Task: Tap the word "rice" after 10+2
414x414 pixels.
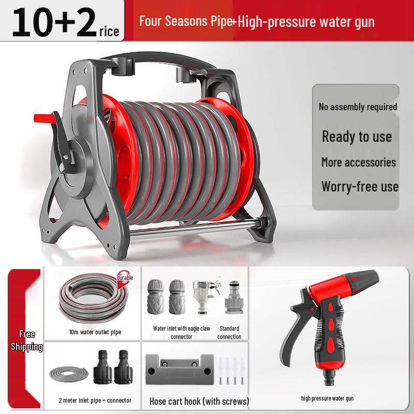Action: point(109,32)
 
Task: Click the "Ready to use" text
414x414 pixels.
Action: point(357,137)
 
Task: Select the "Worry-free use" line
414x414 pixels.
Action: point(360,187)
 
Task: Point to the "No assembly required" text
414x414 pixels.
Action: point(358,107)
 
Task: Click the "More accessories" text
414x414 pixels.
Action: point(359,162)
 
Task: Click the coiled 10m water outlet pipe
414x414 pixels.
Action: point(93,299)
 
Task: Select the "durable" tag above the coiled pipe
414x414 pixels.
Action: point(125,278)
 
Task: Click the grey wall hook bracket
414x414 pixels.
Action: point(180,369)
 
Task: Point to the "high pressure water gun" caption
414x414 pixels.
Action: point(327,398)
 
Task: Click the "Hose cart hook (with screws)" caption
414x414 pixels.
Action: point(199,402)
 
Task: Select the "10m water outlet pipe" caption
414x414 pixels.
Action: point(95,332)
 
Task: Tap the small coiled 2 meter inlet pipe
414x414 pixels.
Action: point(69,374)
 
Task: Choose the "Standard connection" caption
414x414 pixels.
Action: point(229,332)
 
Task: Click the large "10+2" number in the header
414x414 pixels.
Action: point(54,22)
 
